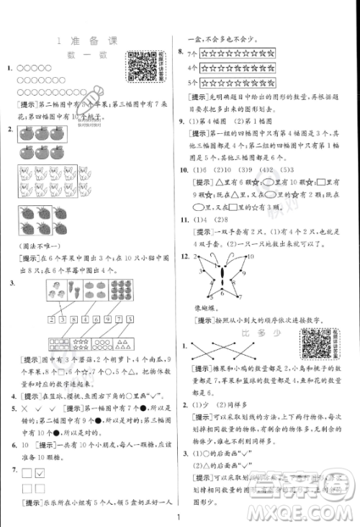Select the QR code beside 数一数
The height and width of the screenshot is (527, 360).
pos(143,68)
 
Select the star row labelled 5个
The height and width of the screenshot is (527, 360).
pos(237,83)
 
